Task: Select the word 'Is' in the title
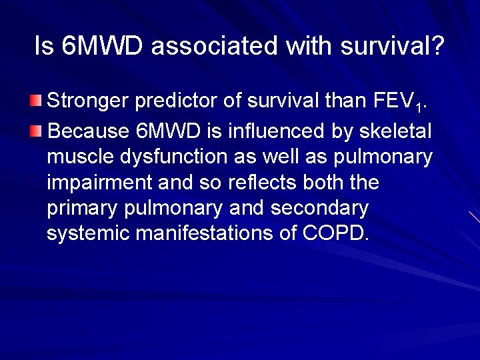(x=43, y=47)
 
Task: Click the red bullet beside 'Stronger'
(x=35, y=101)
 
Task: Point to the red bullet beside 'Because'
(x=35, y=129)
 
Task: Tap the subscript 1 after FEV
(x=417, y=107)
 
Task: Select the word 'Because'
(x=88, y=130)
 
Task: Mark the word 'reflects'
(x=261, y=182)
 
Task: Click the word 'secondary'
(x=319, y=209)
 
